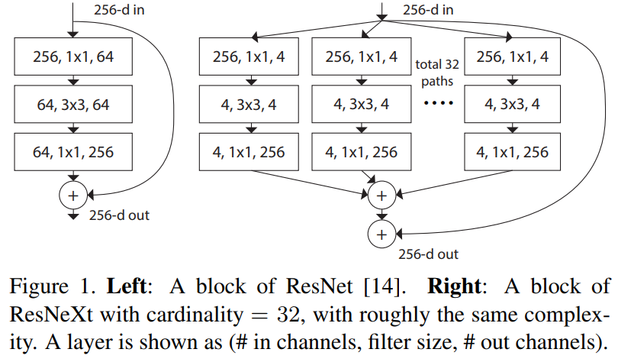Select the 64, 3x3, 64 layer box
tap(73, 104)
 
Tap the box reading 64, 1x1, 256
tap(73, 152)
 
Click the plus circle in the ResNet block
tap(73, 196)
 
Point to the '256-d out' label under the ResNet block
tap(118, 215)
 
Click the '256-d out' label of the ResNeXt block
tap(427, 253)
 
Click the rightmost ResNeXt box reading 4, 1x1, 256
tap(512, 152)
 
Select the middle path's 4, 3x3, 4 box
tap(361, 104)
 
